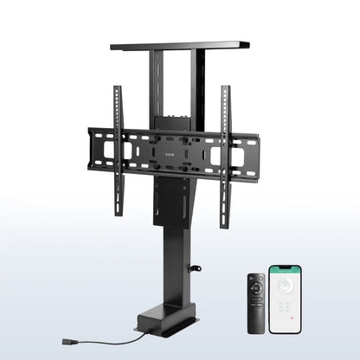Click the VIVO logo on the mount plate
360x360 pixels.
[x=170, y=156]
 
